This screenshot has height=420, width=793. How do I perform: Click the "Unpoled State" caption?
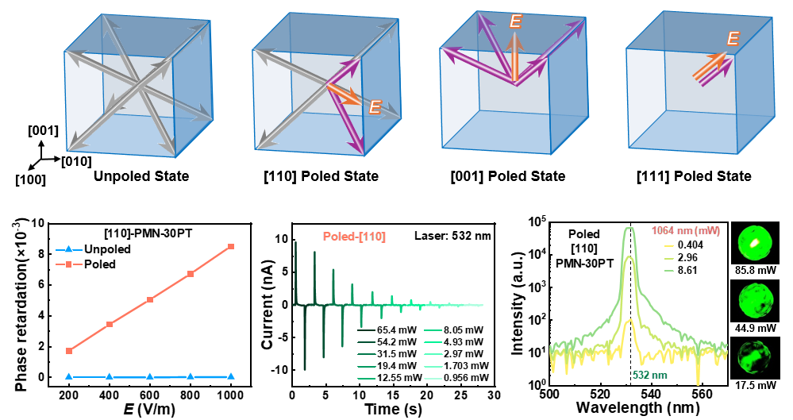(141, 175)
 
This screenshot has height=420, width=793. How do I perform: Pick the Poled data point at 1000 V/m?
(231, 247)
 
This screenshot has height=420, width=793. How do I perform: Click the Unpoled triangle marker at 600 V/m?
(150, 376)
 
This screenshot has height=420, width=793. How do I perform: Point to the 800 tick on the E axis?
(191, 395)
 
